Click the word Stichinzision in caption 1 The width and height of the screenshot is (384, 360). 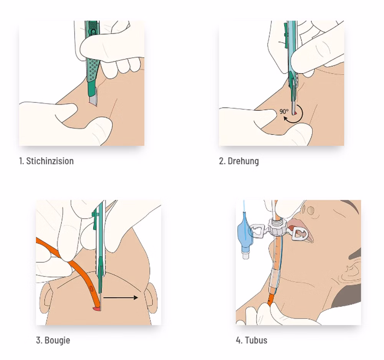50,161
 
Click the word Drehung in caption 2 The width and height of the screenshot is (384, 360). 243,161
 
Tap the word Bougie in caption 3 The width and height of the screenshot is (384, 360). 57,340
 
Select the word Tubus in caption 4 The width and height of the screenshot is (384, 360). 256,340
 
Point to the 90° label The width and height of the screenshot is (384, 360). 284,112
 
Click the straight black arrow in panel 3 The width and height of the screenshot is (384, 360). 121,297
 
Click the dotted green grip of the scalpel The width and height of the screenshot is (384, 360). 93,70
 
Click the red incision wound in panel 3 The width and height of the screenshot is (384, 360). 96,309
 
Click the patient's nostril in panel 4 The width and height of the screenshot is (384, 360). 311,210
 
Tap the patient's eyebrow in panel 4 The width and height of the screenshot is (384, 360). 351,203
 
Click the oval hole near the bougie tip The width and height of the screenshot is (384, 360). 91,289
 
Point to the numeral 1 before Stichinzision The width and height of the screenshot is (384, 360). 21,161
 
